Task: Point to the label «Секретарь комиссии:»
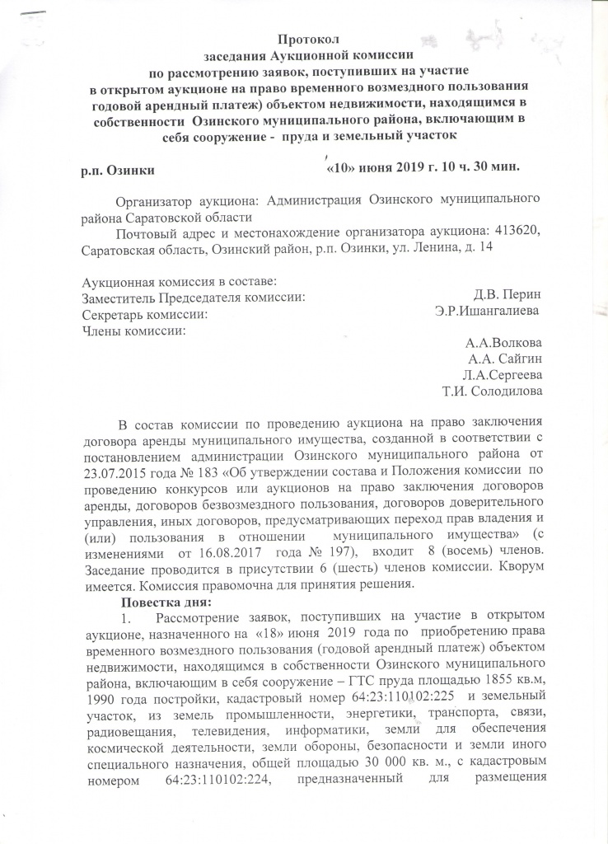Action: [145, 314]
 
